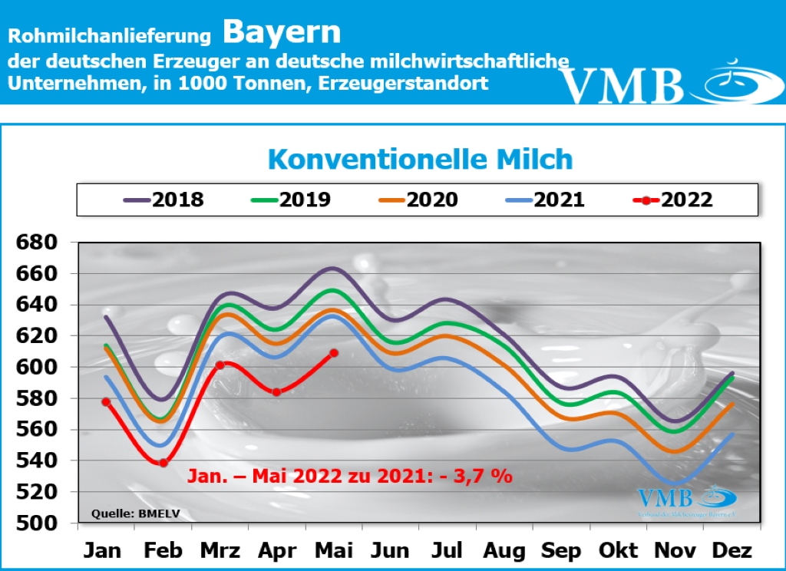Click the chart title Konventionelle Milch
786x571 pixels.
click(x=420, y=160)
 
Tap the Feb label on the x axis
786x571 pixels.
click(x=163, y=551)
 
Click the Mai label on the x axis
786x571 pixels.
click(x=333, y=551)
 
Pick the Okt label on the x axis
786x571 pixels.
click(x=619, y=551)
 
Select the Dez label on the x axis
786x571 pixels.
click(x=732, y=551)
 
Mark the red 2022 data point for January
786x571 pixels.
click(x=106, y=402)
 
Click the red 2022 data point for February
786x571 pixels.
click(x=163, y=463)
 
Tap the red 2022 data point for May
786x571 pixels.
click(x=334, y=353)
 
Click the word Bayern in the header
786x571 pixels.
click(x=282, y=32)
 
